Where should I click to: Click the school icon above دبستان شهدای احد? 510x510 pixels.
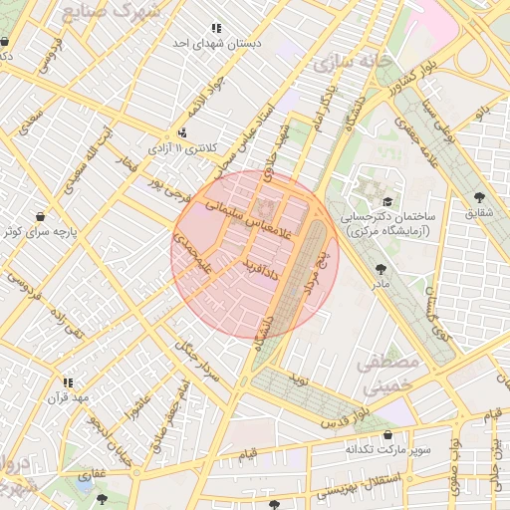pos(216,29)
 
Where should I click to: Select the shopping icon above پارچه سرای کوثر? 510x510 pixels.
pos(40,216)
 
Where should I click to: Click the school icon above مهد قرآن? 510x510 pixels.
pos(67,382)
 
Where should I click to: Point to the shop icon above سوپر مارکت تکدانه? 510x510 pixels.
pos(387,435)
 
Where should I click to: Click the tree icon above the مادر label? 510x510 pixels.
pos(380,268)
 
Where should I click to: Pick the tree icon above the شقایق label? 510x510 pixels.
pos(481,197)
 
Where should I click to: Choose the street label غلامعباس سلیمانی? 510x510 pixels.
pos(248,217)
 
